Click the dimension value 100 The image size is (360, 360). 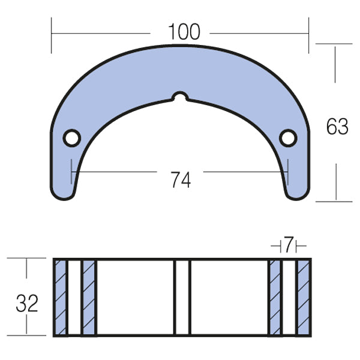click(x=184, y=31)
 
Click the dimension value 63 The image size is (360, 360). click(x=337, y=127)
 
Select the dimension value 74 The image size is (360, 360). click(x=180, y=178)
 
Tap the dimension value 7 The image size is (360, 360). click(x=289, y=245)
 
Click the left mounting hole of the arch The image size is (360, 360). click(x=71, y=137)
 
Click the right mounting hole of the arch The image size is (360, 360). click(x=289, y=137)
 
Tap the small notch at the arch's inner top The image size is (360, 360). click(x=179, y=96)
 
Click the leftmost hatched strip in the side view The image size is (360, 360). click(x=61, y=297)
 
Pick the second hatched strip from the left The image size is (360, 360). click(x=88, y=297)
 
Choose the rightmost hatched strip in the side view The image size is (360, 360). click(x=304, y=297)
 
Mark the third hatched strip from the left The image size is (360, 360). click(x=275, y=297)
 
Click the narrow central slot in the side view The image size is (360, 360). click(x=182, y=297)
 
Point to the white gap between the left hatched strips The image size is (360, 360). click(x=74, y=297)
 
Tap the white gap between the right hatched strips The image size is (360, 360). click(x=289, y=297)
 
